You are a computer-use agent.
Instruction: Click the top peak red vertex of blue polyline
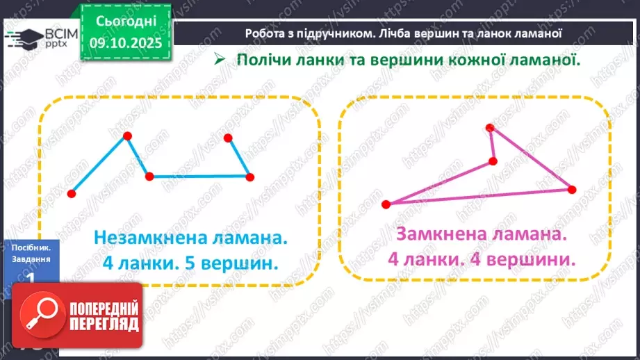[126, 136]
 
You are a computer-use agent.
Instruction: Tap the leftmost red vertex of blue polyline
[72, 194]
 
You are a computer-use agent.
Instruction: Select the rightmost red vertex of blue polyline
[250, 177]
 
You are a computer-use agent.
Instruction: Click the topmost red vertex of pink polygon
[490, 128]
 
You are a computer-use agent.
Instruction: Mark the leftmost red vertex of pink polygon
[386, 204]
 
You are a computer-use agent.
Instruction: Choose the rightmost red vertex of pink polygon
[572, 189]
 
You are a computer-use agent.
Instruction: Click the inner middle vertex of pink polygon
[493, 161]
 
